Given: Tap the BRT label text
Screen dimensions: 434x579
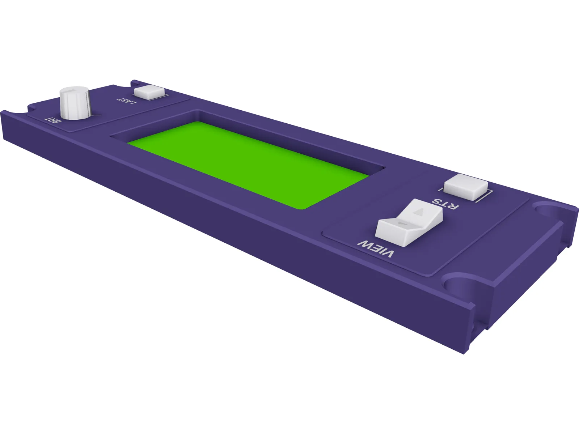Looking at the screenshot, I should tap(53, 120).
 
